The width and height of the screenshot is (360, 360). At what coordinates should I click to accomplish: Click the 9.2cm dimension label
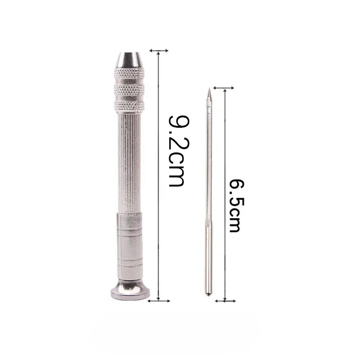[179, 151]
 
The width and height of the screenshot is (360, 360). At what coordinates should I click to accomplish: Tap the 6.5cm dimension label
[237, 206]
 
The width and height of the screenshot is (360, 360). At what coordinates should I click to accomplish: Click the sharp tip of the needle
[209, 88]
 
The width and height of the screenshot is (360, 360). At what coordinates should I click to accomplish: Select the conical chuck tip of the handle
[128, 60]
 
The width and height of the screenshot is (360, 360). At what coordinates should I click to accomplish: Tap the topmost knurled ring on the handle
[129, 73]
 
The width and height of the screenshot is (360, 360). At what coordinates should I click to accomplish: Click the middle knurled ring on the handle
[129, 90]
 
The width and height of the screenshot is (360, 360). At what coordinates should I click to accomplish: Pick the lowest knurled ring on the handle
[129, 106]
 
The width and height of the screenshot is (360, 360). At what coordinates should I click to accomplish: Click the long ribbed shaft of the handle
[129, 163]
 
